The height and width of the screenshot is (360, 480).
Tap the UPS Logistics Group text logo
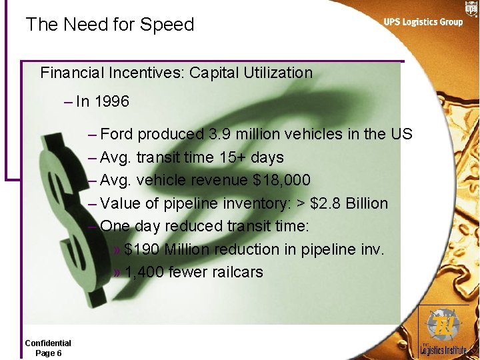423,22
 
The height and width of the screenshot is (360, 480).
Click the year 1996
111,102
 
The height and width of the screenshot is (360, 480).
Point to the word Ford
117,134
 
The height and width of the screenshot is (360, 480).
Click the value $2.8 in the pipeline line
325,203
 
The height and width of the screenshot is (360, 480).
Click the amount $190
142,249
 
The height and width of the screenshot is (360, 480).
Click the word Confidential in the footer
48,343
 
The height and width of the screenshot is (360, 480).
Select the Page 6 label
48,353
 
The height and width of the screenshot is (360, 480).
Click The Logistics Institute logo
443,333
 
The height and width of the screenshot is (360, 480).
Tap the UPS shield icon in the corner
471,8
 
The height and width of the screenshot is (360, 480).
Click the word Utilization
279,73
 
